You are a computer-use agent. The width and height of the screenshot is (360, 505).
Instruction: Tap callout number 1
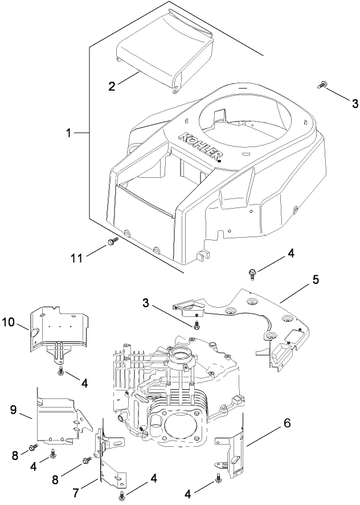[x=68, y=133]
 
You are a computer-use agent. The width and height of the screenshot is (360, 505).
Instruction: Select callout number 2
[x=112, y=86]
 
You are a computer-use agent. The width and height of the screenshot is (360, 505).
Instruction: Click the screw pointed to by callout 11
[x=112, y=242]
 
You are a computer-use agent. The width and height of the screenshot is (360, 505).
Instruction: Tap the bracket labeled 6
[x=234, y=450]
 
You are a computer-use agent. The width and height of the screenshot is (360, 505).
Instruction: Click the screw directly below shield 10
[x=60, y=371]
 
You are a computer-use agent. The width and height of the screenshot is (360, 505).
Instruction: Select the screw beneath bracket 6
[x=218, y=482]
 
